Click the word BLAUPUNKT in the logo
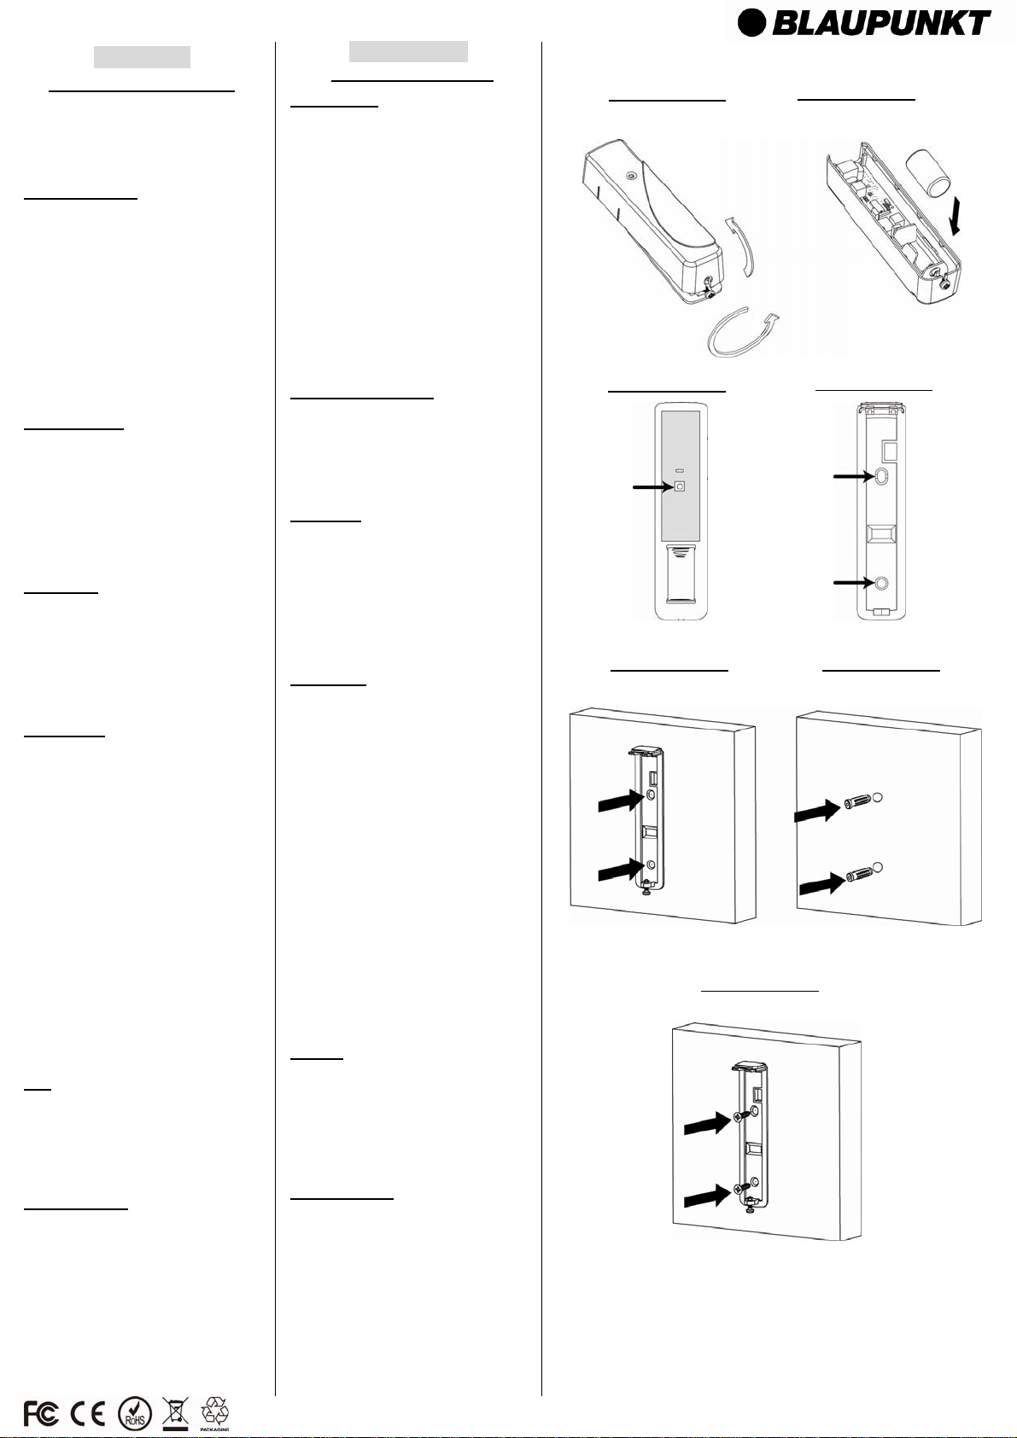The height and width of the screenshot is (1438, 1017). click(x=880, y=23)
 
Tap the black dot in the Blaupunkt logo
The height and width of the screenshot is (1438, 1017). click(x=751, y=23)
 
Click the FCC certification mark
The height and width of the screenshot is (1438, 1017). click(x=40, y=1413)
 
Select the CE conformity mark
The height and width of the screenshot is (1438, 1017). click(x=87, y=1413)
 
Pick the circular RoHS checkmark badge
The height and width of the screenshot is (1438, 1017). click(x=135, y=1413)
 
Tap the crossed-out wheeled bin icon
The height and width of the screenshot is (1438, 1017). click(x=175, y=1413)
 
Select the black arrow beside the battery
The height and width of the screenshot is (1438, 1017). click(x=957, y=216)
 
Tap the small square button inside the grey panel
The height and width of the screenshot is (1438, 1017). click(x=680, y=486)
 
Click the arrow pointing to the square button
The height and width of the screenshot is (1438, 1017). click(x=652, y=487)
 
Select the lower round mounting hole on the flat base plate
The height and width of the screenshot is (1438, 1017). click(x=881, y=582)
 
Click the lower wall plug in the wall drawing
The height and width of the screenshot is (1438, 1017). click(x=862, y=875)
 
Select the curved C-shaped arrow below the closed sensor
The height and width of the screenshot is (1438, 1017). click(x=743, y=331)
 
